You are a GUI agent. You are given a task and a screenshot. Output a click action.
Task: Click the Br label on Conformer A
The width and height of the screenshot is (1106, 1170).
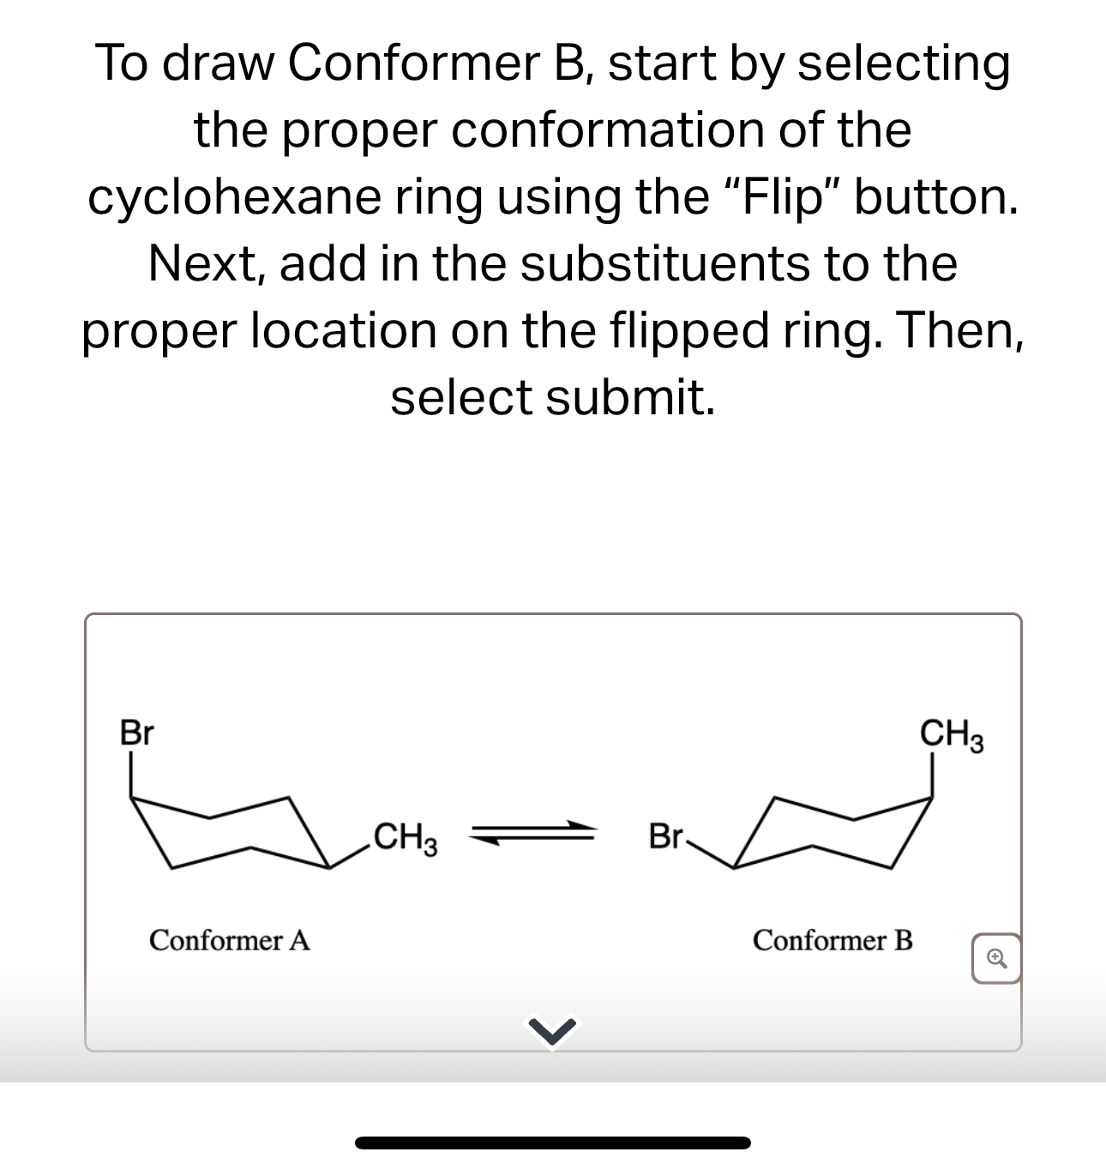[136, 734]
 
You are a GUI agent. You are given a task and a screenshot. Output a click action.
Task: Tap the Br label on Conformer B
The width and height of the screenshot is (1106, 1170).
[665, 835]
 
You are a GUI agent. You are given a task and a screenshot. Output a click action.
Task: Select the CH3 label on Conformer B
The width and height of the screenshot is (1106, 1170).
[951, 735]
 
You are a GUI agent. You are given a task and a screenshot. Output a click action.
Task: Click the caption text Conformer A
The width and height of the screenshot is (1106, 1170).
[229, 940]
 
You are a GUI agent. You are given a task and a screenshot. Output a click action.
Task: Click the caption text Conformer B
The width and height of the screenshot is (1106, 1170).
[833, 940]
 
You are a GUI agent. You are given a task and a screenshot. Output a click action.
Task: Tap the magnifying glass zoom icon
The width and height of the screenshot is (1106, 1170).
[995, 957]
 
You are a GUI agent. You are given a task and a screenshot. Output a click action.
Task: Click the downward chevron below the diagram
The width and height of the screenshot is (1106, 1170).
[552, 1032]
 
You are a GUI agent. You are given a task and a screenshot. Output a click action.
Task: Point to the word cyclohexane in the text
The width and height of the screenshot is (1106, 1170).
[234, 197]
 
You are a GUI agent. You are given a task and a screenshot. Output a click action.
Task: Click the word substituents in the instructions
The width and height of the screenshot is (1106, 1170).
[665, 263]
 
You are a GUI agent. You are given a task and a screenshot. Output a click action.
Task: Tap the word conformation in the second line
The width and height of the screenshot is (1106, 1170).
[610, 130]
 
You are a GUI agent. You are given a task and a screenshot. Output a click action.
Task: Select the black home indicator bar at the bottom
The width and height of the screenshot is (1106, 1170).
[552, 1143]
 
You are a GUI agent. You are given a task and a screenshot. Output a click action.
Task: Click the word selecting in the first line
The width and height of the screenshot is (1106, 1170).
[904, 64]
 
